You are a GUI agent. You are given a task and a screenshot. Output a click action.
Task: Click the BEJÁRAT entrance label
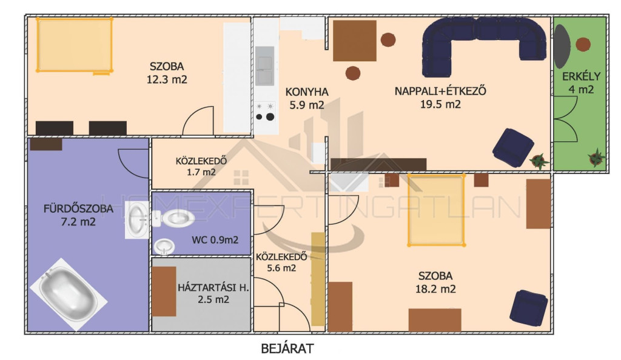coord(287,348)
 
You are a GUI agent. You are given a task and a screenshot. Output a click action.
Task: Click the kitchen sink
coord(264,66)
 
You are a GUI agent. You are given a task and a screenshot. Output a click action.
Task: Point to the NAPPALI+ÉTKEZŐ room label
coord(440,91)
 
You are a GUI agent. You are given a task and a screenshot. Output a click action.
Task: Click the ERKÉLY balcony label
coord(581,76)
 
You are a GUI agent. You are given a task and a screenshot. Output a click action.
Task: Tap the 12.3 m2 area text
coord(167,79)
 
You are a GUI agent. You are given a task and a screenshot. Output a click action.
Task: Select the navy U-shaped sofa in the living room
coord(484,45)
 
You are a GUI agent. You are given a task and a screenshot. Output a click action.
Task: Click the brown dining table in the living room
coord(354,41)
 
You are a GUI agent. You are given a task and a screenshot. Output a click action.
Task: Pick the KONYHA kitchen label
coord(307,92)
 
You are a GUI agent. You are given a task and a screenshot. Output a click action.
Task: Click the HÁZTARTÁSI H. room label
coord(213,288)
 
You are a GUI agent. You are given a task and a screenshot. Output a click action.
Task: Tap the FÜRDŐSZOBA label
coord(78,208)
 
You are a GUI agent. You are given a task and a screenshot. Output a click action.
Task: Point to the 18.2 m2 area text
coord(435,289)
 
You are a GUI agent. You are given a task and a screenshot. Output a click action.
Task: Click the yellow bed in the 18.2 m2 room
coord(436,210)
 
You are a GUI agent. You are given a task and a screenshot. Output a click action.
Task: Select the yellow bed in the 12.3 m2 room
coord(75,45)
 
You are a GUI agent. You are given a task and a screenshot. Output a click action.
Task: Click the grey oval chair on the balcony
coord(562,46)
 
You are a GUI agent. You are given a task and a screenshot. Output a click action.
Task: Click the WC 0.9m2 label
coord(215,240)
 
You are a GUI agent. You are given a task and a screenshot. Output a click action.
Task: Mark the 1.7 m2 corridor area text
coord(201,172)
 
